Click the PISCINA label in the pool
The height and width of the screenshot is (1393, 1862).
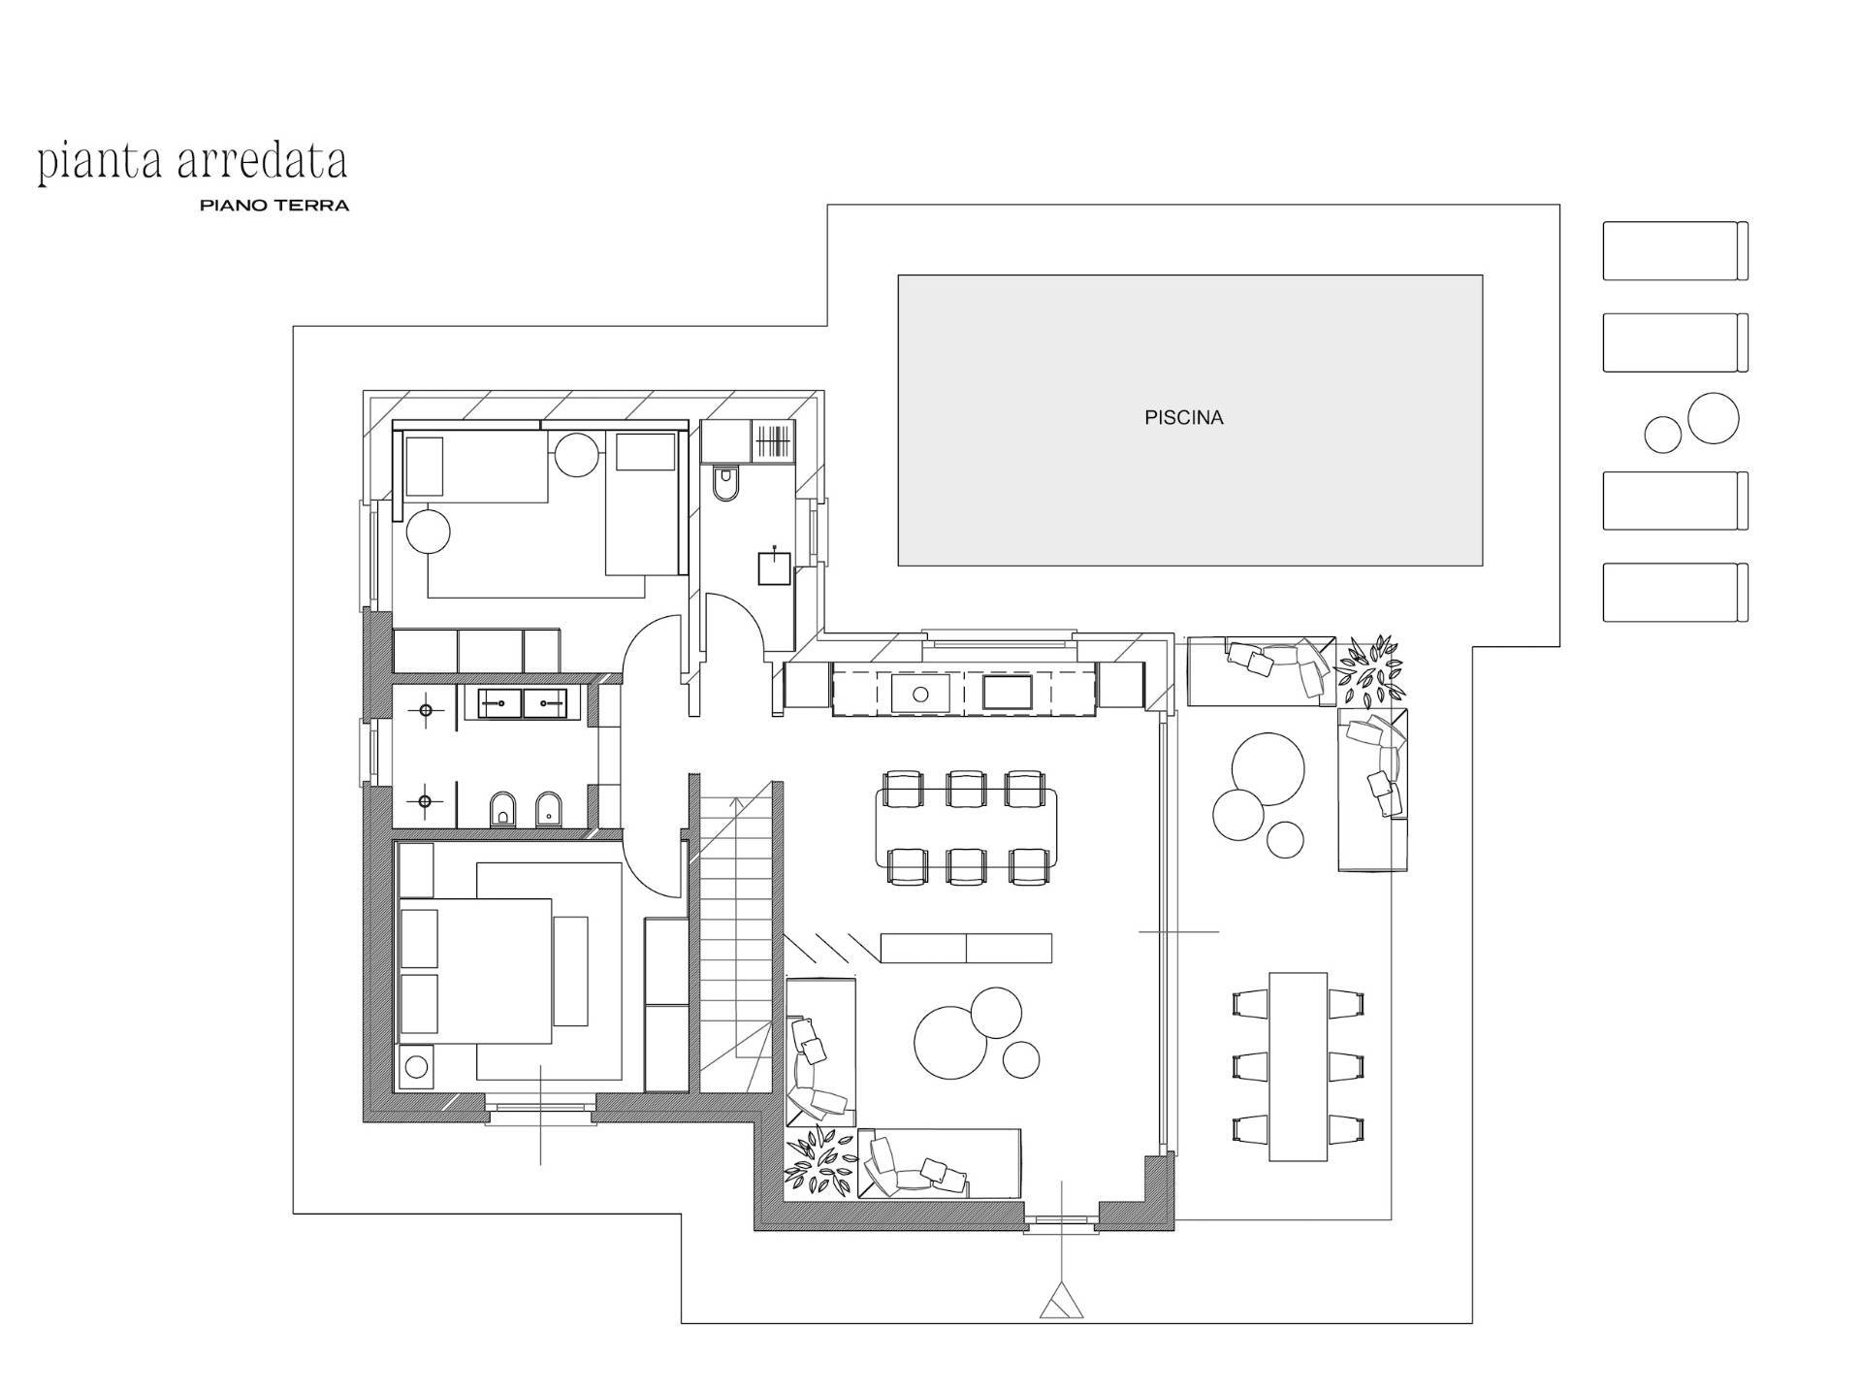click(1183, 418)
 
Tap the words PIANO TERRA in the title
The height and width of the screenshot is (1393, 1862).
click(274, 206)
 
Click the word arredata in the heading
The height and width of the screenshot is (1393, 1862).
click(262, 162)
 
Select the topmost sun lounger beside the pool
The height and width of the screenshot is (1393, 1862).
click(1675, 251)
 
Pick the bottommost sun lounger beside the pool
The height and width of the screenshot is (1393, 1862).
click(1675, 592)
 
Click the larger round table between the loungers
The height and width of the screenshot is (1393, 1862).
click(1713, 418)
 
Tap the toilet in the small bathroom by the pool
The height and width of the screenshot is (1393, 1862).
click(724, 483)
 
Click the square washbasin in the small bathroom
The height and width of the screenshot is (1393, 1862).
click(774, 567)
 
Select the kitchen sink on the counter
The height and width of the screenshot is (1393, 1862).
click(919, 694)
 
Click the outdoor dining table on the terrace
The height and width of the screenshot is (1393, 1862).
click(1299, 1066)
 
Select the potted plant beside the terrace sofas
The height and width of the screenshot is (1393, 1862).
click(1369, 668)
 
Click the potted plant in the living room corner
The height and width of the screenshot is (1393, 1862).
click(820, 1162)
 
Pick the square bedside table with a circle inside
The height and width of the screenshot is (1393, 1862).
click(416, 1067)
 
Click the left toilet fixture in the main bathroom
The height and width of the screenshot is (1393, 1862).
click(501, 808)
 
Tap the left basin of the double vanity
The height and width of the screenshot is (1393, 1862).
click(499, 701)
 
